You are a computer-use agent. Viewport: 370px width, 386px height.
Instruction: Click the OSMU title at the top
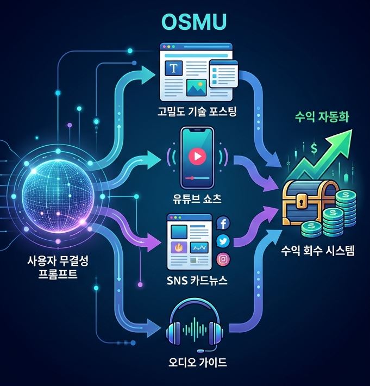point(194,22)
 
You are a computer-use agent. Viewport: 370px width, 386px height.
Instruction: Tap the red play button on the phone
point(197,157)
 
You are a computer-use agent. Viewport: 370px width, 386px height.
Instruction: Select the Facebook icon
point(223,223)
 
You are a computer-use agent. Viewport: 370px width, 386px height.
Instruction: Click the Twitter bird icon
point(223,241)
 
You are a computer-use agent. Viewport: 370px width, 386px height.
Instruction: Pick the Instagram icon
point(223,259)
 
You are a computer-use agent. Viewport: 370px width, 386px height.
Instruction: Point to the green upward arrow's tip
point(352,130)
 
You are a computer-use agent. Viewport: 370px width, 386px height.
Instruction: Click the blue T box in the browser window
point(174,68)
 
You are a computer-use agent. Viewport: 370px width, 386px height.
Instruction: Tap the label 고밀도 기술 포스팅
point(197,111)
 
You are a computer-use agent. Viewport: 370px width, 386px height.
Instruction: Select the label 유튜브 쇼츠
point(197,198)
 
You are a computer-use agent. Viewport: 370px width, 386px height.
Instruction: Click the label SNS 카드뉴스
point(197,281)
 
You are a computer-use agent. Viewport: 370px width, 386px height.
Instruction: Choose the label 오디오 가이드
point(197,362)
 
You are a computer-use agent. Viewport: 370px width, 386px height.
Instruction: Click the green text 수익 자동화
point(322,117)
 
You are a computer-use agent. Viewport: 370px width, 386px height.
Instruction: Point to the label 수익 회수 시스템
point(318,251)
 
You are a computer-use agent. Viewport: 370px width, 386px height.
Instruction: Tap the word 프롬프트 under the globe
point(58,274)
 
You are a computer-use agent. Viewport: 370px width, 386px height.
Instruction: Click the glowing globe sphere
point(58,196)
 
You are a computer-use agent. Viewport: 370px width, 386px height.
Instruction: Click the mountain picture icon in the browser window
point(196,88)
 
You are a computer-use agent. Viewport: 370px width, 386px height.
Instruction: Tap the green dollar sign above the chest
point(314,148)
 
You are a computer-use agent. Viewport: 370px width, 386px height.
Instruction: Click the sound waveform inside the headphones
point(195,329)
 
